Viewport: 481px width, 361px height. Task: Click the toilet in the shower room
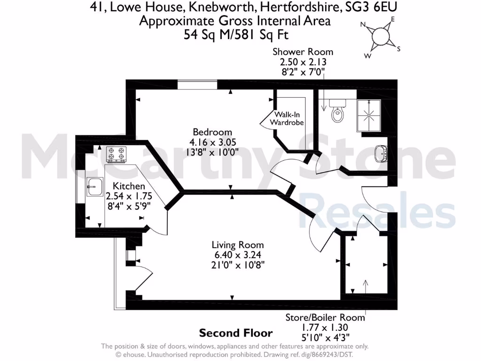click(x=337, y=111)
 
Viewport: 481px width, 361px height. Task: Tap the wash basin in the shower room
click(x=381, y=152)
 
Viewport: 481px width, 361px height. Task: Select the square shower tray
click(x=371, y=116)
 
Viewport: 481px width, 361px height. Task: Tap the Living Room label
click(x=238, y=245)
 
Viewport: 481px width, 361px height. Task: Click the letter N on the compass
click(x=363, y=24)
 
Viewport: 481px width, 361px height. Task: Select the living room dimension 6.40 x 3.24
click(x=238, y=255)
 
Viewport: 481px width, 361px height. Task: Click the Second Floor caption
click(x=236, y=333)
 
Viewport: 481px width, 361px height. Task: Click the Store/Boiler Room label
click(x=325, y=318)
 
